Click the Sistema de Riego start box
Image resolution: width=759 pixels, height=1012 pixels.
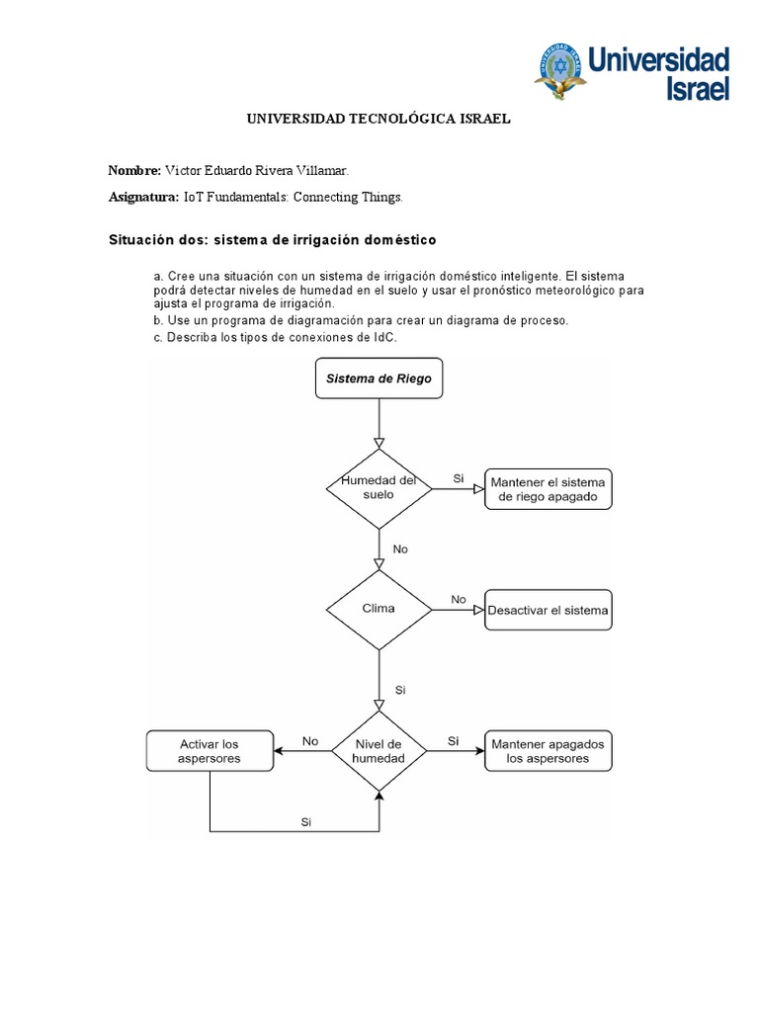pos(379,379)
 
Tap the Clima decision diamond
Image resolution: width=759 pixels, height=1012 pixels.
pos(379,609)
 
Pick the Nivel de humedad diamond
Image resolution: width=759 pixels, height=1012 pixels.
pos(379,750)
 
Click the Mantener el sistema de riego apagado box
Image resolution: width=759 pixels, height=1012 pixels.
pos(548,489)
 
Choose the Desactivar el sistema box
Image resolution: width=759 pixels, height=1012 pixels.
pos(548,611)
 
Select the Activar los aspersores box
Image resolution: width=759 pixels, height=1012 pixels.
pos(210,751)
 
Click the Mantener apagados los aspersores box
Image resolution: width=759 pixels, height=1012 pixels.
pos(548,751)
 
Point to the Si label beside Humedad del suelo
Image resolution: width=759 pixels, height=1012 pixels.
pos(459,478)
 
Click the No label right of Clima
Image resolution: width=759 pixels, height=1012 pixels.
pos(459,599)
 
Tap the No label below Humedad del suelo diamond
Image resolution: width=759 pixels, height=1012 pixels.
pos(400,548)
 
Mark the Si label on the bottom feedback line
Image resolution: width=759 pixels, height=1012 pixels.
pos(306,820)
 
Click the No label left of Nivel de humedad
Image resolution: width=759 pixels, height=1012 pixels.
pos(310,740)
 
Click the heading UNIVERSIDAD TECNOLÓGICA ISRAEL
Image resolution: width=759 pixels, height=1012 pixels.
pos(379,119)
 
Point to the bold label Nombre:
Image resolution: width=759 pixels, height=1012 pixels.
pos(134,170)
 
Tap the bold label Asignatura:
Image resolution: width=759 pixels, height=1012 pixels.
pos(143,197)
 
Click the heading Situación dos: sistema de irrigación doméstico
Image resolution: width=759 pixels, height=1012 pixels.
pos(272,240)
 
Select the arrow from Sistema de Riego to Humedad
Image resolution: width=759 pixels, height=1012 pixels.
pos(379,423)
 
